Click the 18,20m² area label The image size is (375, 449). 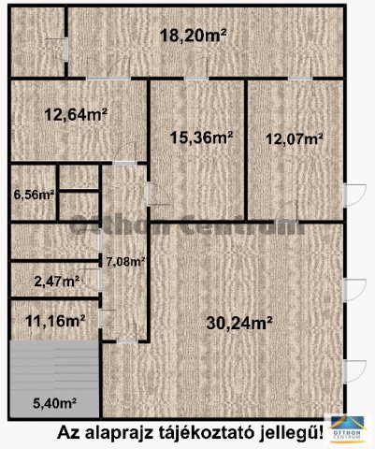pos(193,36)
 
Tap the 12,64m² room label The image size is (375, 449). pos(76,115)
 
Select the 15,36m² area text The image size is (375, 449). pos(202,138)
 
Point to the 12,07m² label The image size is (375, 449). pos(294,138)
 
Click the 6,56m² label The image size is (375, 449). pos(35,195)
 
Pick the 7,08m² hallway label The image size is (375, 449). pos(125,261)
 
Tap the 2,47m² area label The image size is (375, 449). pos(56,282)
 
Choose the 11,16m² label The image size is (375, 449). pos(55,321)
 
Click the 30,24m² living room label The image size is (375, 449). pos(239,324)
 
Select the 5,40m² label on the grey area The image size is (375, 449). pos(55,404)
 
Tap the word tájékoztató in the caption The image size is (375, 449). pos(206,433)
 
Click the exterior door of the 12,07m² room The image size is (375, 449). pos(354,195)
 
